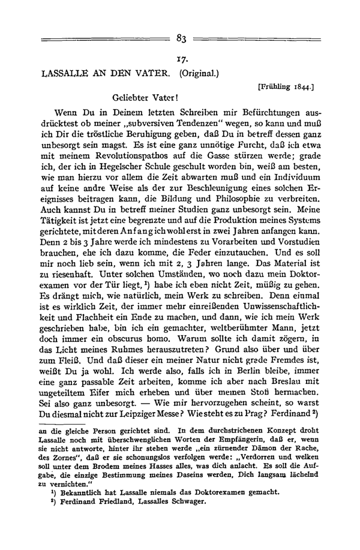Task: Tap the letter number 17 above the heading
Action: click(183, 61)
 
